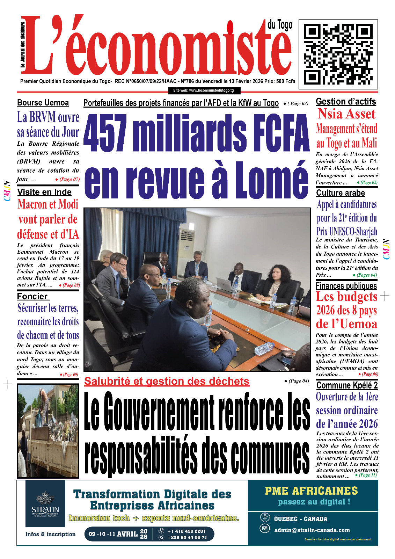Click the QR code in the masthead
tap(338, 54)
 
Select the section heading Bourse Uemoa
tap(43, 103)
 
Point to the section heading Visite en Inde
tap(44, 192)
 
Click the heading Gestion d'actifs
tap(346, 102)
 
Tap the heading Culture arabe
tap(341, 193)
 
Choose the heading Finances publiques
tap(346, 286)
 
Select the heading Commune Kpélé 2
tap(347, 385)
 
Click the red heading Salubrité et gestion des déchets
tap(167, 381)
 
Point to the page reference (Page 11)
tap(368, 475)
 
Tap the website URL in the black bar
tap(204, 90)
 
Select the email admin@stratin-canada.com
tap(312, 530)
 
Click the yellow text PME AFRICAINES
tap(311, 491)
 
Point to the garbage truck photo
tap(48, 431)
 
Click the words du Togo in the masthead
tap(280, 26)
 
